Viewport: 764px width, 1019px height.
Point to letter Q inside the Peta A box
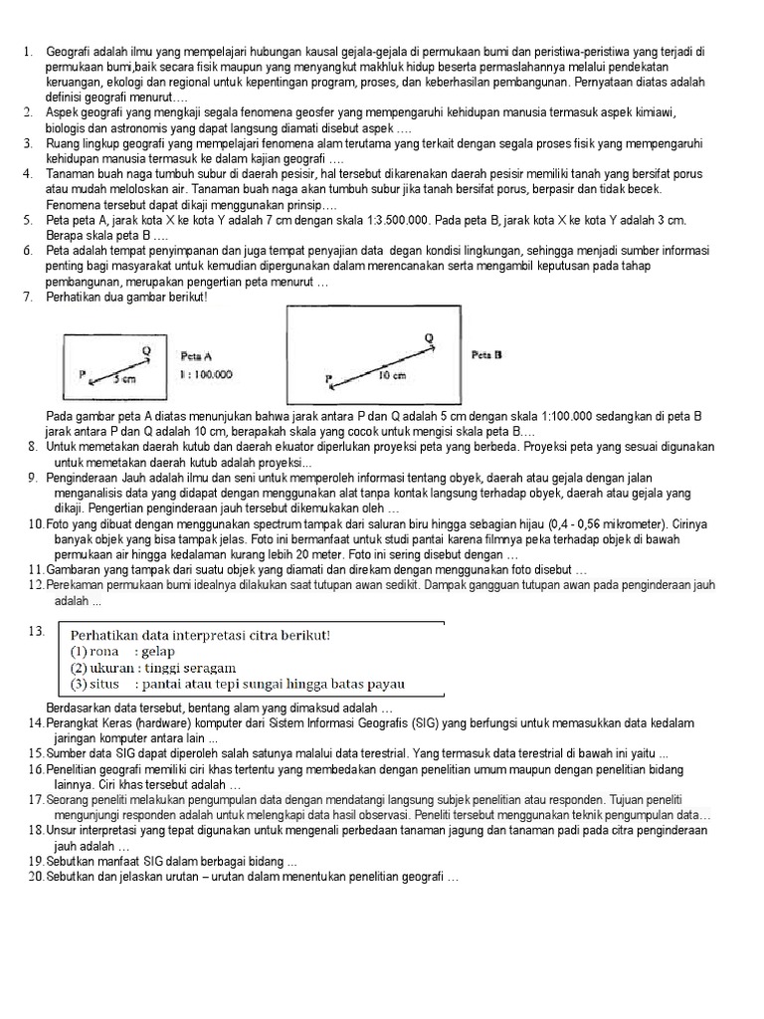(x=146, y=349)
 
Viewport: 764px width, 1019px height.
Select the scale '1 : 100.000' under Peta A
(x=206, y=374)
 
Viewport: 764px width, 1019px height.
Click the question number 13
(x=38, y=631)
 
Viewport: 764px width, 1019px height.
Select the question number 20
(x=37, y=877)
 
